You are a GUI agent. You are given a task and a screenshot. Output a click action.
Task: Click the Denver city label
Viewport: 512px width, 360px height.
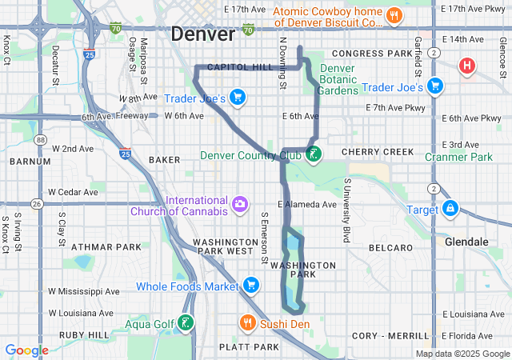202,34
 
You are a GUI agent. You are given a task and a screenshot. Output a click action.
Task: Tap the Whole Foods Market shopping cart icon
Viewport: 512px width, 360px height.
251,286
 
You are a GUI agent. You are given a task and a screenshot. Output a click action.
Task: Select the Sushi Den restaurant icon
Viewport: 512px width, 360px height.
248,323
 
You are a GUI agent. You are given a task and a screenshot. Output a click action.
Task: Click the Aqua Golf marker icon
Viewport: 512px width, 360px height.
186,323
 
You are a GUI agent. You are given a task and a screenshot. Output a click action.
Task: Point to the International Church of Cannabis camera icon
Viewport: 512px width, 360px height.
239,206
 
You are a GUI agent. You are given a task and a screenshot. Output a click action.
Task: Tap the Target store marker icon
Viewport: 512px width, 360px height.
451,209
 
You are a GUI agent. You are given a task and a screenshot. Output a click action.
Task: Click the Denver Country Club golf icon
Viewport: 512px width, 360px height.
314,154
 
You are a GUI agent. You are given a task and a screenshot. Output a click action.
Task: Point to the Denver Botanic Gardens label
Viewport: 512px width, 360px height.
337,79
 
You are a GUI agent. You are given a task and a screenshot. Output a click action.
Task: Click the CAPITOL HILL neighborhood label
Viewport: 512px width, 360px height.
240,68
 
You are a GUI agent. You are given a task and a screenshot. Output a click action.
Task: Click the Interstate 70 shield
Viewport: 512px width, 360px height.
116,29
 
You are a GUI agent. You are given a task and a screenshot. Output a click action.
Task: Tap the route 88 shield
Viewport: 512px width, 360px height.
40,140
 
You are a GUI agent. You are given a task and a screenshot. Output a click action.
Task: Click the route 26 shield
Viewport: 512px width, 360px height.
37,204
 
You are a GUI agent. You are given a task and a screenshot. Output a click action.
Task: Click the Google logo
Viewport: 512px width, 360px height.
26,350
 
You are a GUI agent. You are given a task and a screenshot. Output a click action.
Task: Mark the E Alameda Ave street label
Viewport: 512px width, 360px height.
307,204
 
